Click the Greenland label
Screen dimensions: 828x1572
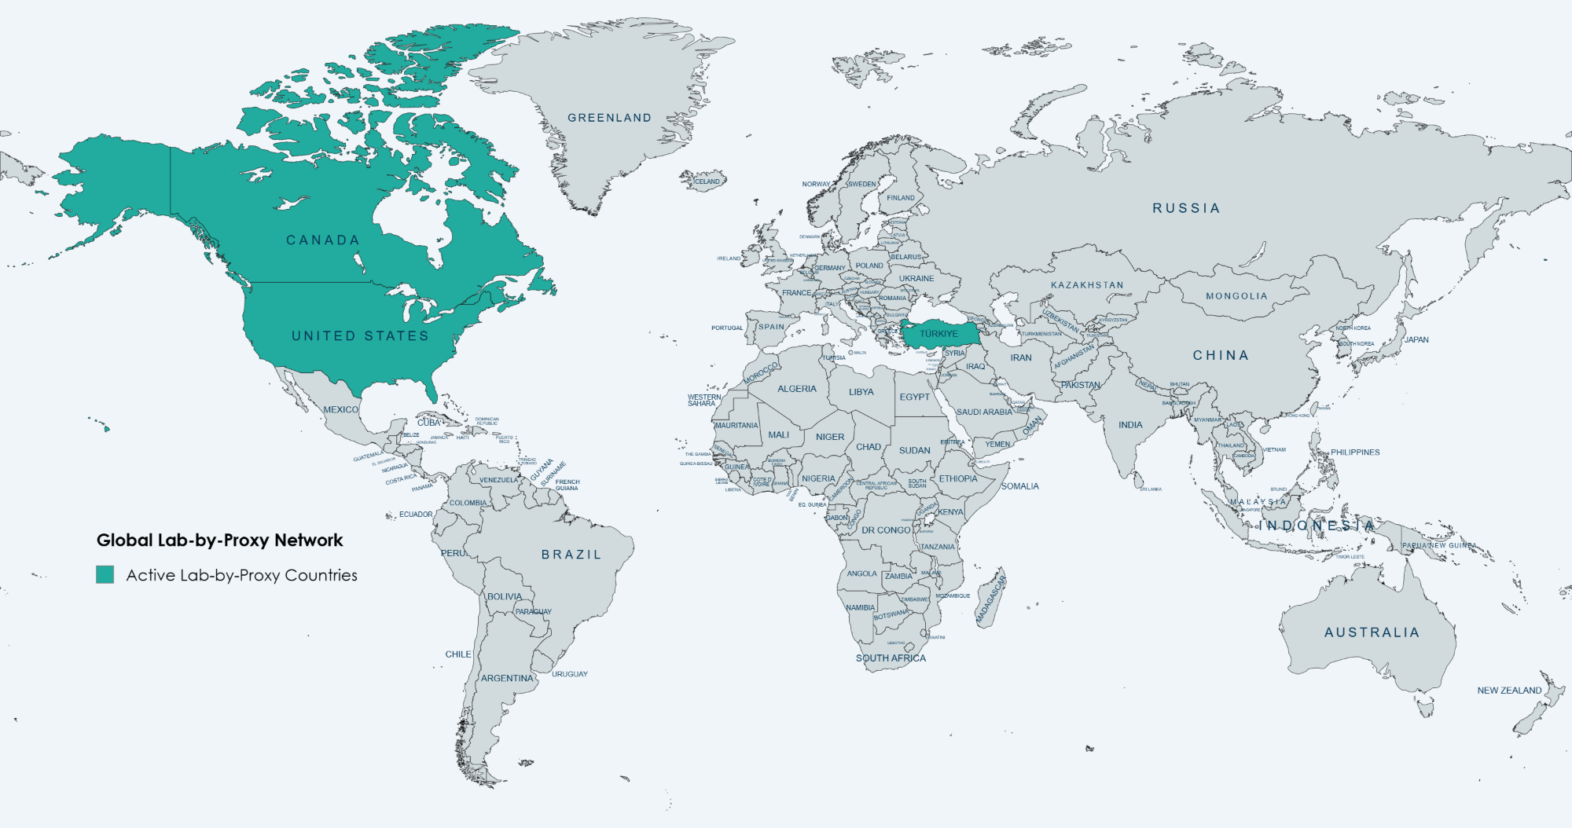point(609,118)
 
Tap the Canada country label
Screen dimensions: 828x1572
point(322,240)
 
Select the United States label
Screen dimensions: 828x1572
point(360,335)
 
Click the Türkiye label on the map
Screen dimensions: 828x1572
point(938,334)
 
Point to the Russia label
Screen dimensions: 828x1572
point(1186,208)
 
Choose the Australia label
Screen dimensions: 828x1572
point(1372,632)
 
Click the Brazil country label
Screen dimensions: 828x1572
point(571,555)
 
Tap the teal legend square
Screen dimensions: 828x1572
point(105,574)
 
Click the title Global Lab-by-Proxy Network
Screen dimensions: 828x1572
point(220,540)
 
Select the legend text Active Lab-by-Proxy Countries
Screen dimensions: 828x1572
point(242,575)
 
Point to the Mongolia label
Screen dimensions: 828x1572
point(1236,296)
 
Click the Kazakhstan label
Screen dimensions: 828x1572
point(1087,285)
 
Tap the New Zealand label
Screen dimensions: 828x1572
point(1509,691)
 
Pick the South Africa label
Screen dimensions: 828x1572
point(891,658)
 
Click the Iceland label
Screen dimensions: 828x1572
point(707,181)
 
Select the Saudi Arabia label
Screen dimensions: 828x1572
point(984,412)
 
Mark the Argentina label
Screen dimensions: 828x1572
point(507,678)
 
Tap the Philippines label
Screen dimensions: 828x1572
point(1355,452)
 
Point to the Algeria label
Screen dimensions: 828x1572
point(797,389)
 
